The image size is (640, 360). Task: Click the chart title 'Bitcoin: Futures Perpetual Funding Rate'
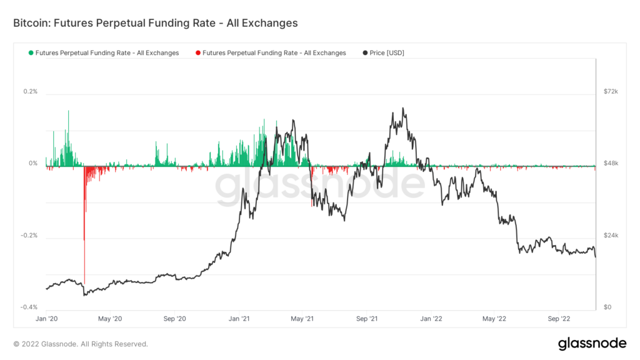coord(155,23)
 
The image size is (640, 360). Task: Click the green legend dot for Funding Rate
coord(31,53)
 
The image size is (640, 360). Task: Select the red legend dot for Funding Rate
coord(198,53)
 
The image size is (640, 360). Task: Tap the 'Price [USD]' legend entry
coord(387,53)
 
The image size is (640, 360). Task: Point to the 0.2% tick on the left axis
coord(31,92)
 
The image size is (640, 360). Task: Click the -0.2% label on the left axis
coord(30,236)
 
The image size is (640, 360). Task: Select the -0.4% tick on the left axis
coord(30,307)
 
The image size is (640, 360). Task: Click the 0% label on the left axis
coord(33,164)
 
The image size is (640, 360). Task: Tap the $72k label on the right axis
coord(610,92)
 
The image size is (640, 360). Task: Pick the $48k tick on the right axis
coord(610,164)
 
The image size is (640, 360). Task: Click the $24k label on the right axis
coord(610,236)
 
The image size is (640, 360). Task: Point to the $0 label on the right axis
coord(607,307)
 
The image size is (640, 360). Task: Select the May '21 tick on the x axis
coord(302,318)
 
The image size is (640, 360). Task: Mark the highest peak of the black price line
coord(403,108)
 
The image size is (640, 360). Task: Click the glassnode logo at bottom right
coord(591,343)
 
